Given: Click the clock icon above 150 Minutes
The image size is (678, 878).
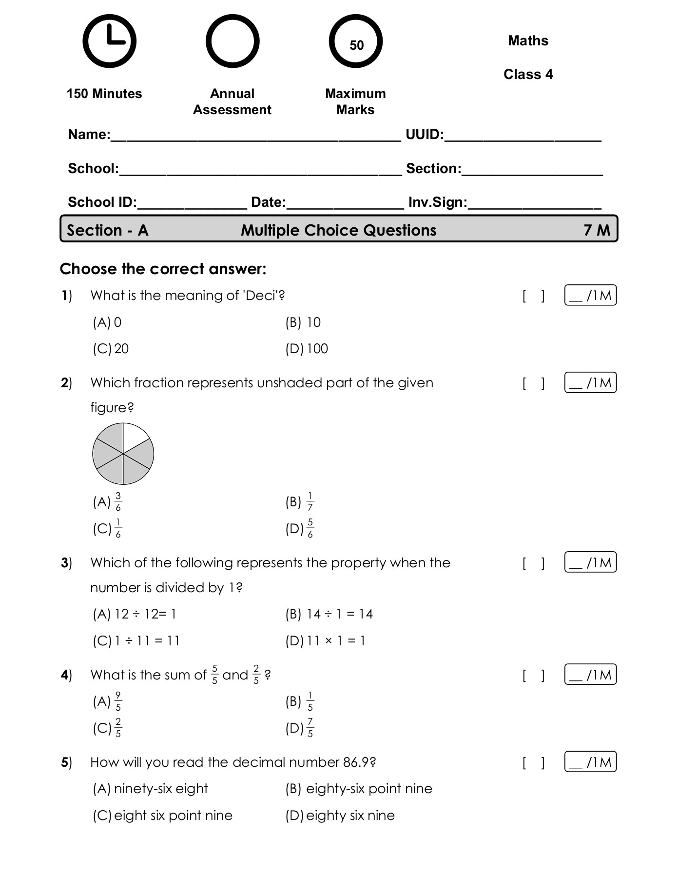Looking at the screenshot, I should point(109,41).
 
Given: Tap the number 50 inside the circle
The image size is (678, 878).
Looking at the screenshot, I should point(356,45).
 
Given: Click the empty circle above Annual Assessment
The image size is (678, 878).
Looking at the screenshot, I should point(232,41).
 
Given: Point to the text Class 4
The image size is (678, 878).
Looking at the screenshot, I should point(528,74).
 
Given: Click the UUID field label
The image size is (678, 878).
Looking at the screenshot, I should point(424,135).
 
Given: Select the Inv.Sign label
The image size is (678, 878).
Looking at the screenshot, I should point(437,202).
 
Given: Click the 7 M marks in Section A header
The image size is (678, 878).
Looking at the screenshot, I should point(597,230).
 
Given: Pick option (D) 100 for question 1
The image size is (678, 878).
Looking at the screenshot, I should point(307,349).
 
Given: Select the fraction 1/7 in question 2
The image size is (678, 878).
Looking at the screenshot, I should point(310,502).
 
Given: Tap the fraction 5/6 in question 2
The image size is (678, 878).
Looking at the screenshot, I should point(310,528).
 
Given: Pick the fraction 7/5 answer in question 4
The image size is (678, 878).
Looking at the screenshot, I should point(310,728).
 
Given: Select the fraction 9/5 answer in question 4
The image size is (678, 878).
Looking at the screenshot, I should point(118,701).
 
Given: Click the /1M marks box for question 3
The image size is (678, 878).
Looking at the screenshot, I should point(590,562).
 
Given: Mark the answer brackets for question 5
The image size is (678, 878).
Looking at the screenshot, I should point(533,762).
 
